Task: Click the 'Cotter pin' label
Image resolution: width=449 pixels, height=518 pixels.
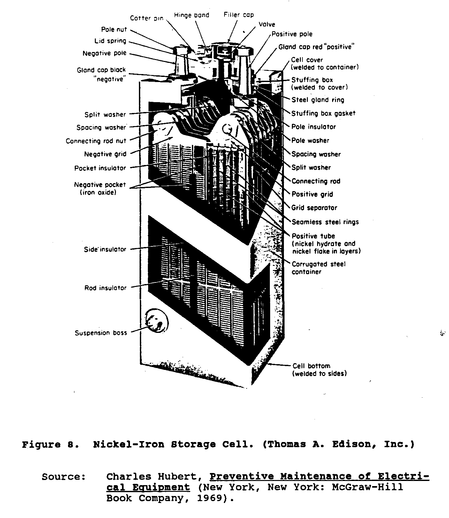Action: [x=147, y=18]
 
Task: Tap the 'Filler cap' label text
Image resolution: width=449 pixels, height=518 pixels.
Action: [x=239, y=15]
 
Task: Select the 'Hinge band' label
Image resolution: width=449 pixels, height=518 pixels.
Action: [x=192, y=15]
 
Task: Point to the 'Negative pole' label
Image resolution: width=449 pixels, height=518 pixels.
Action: [x=104, y=53]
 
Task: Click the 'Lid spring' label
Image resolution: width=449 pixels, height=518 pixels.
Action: [x=110, y=41]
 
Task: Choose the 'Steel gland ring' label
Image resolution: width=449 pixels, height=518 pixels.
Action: [x=318, y=100]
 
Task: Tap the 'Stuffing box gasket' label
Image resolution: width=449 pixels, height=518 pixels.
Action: [x=323, y=113]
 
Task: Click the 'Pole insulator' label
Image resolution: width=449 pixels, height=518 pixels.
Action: [x=314, y=127]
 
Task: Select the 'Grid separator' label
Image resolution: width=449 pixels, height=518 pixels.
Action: [x=314, y=208]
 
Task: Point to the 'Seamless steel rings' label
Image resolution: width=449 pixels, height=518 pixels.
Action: [x=325, y=222]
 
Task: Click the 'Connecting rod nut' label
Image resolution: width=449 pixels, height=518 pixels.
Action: [x=96, y=141]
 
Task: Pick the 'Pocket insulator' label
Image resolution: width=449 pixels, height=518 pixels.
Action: [x=100, y=168]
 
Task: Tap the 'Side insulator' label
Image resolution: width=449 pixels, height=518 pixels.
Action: [x=105, y=250]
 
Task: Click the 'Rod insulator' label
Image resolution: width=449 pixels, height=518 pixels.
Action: [x=105, y=288]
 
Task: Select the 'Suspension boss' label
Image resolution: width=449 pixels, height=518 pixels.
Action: [x=101, y=333]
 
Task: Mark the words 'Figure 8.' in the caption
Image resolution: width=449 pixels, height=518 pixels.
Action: [x=50, y=445]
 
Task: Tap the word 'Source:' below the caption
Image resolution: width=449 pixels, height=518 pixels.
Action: [x=64, y=477]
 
